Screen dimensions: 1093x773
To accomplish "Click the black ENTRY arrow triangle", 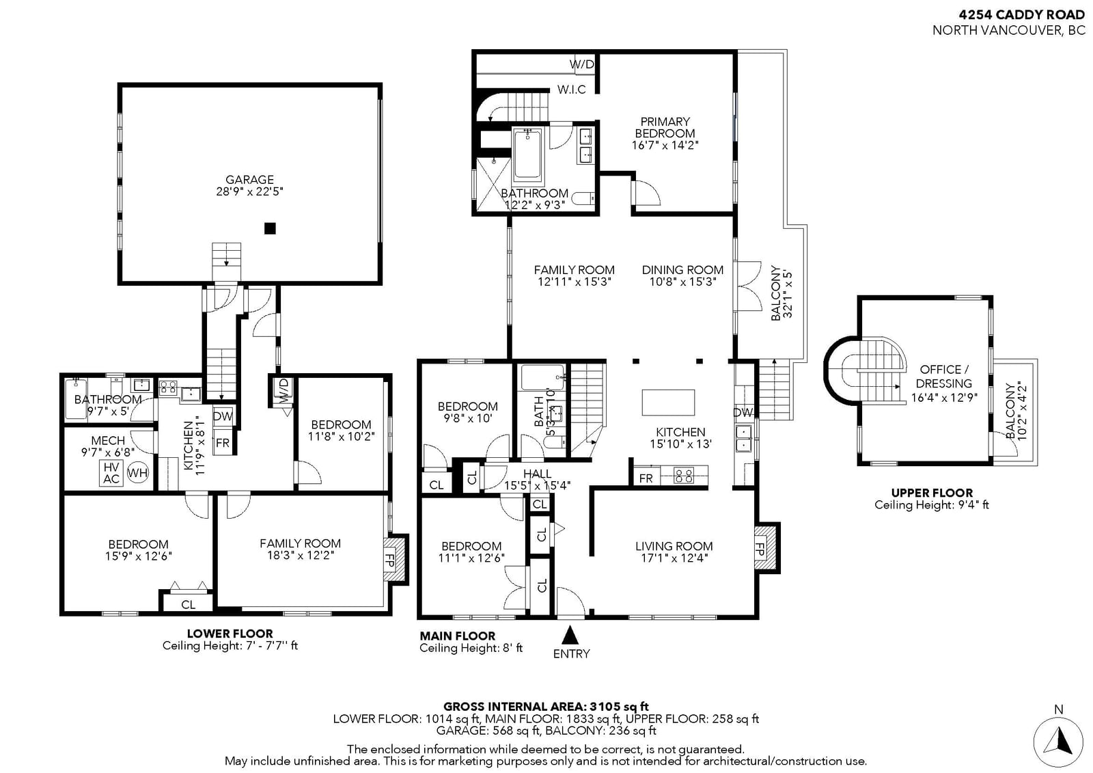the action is (570, 635).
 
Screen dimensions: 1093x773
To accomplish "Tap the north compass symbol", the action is (1058, 742).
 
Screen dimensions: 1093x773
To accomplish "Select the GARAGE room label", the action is (249, 180).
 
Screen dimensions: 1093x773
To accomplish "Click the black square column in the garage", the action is (270, 228).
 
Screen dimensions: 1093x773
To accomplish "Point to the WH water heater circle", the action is (137, 472).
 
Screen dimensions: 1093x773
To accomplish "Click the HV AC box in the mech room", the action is (111, 473).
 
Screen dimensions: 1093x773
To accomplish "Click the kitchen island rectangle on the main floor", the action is (669, 402).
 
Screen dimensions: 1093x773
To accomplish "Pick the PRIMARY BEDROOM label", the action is (665, 127).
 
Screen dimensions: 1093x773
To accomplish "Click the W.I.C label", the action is (571, 90).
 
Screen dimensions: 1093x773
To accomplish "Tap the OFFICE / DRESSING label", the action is (944, 377).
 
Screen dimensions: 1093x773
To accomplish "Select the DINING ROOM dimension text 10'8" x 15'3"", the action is (682, 282).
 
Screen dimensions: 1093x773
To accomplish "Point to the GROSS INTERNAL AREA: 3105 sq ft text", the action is (546, 706).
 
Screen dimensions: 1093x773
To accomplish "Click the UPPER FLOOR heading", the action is (932, 493).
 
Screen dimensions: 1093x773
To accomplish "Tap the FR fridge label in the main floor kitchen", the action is (646, 478).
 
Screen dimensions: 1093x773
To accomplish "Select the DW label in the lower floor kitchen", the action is (223, 416).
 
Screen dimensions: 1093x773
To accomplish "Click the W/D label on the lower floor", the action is (284, 391).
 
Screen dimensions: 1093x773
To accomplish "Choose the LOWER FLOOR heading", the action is (230, 634).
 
